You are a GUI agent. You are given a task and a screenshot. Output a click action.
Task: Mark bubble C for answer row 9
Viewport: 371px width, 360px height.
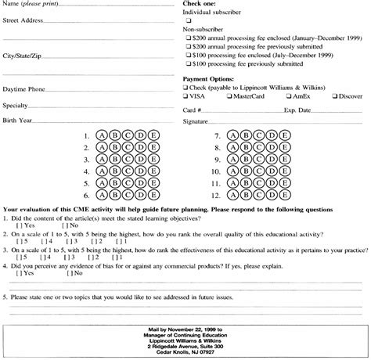[258, 160]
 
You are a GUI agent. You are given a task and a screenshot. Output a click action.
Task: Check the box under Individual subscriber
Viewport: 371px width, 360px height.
[188, 20]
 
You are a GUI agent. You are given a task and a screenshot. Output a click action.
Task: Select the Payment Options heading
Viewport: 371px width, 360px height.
[208, 80]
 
